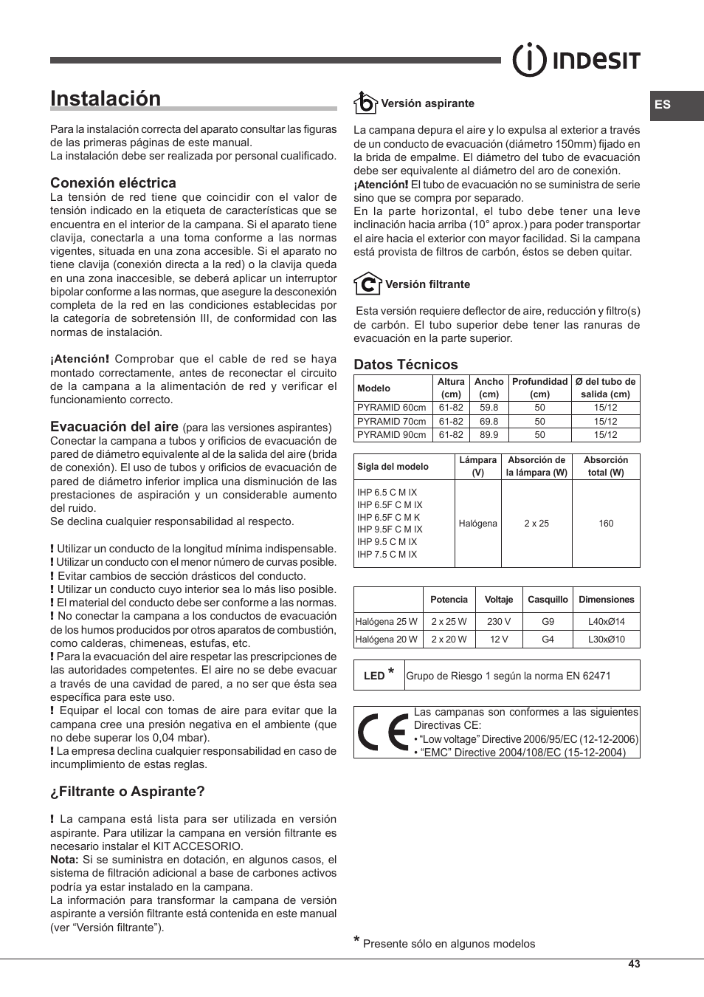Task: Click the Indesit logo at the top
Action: pos(576,61)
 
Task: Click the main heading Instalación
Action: pos(106,99)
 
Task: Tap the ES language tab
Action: pos(663,105)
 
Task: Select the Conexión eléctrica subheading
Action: pos(113,183)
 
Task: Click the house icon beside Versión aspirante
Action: pos(365,103)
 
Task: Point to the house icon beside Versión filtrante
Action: pos(367,284)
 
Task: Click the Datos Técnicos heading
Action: pos(405,364)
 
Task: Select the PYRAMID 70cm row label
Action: pos(391,421)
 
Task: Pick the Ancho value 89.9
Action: pos(489,435)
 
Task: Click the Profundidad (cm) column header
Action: pos(539,388)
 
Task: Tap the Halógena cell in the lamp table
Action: pos(477,524)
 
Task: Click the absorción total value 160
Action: pos(605,524)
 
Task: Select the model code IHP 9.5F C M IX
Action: pos(390,530)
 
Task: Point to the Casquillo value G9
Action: pos(548,622)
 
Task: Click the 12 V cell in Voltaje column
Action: pos(499,640)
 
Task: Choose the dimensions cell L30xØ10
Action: pos(606,640)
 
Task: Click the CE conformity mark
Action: pos(382,733)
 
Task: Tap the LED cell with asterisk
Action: pos(379,675)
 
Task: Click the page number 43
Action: pos(634,965)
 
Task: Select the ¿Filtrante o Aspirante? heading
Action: pos(127,792)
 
